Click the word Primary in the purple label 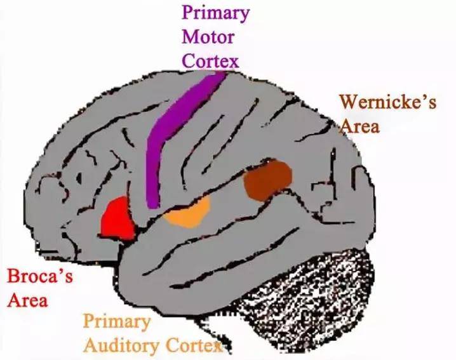pyautogui.click(x=215, y=13)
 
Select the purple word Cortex pyautogui.click(x=210, y=61)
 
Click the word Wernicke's pyautogui.click(x=387, y=103)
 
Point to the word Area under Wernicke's pyautogui.click(x=360, y=126)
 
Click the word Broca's pyautogui.click(x=39, y=277)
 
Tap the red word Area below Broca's pyautogui.click(x=28, y=300)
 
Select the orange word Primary pyautogui.click(x=117, y=321)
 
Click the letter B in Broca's pyautogui.click(x=13, y=277)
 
